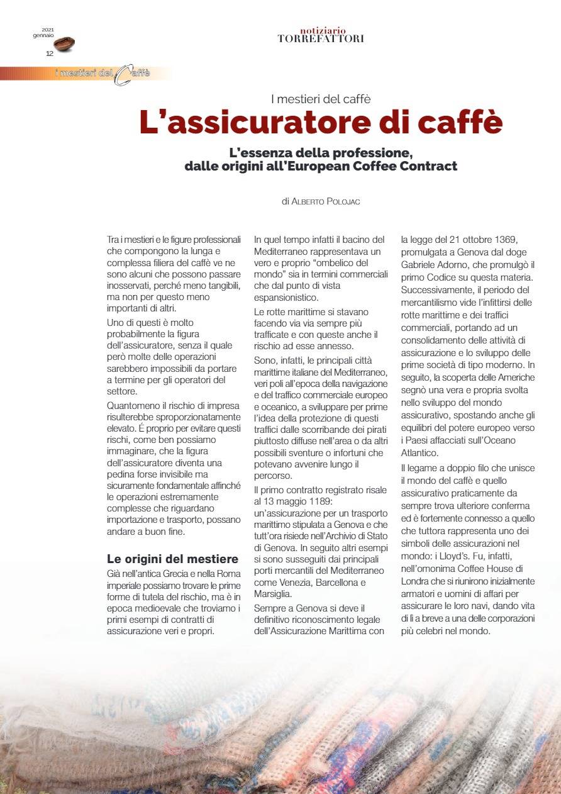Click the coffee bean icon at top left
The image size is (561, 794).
click(x=64, y=43)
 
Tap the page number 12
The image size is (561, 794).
click(x=50, y=53)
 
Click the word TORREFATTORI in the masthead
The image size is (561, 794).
click(x=321, y=39)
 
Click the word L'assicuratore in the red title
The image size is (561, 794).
click(x=236, y=123)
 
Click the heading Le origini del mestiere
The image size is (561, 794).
click(x=172, y=559)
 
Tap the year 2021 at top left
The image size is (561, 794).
click(x=48, y=30)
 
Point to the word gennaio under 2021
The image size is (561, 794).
click(x=44, y=36)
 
